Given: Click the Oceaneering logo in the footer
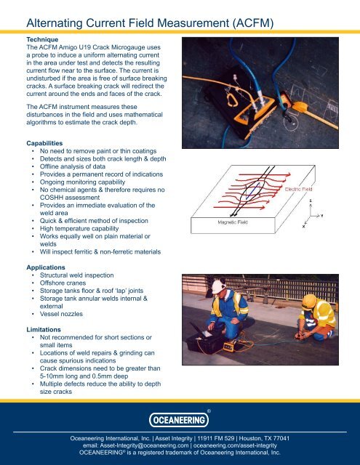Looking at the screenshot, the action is [x=179, y=420].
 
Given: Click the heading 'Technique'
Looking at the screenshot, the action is [x=42, y=39].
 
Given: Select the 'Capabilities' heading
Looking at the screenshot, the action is [x=44, y=143].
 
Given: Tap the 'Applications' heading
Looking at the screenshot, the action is [x=46, y=267].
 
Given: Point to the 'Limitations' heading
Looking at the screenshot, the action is [x=44, y=330].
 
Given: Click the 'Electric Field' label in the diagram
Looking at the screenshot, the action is [x=298, y=189].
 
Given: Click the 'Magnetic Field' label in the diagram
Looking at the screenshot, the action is [x=233, y=222].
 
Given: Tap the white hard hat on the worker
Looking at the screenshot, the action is [x=218, y=287].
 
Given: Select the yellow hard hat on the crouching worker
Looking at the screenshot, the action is [x=309, y=302].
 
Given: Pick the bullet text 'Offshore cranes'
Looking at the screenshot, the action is [x=63, y=283].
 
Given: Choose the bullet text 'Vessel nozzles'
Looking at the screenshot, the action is [x=61, y=314].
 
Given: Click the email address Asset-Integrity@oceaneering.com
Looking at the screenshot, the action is [x=144, y=445].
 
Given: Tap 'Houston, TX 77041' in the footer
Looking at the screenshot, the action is [x=264, y=438].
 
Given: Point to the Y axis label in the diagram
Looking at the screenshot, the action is [x=321, y=216].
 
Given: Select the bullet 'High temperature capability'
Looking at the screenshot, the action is [x=79, y=229].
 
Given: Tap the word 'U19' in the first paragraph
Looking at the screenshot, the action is [x=86, y=47].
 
